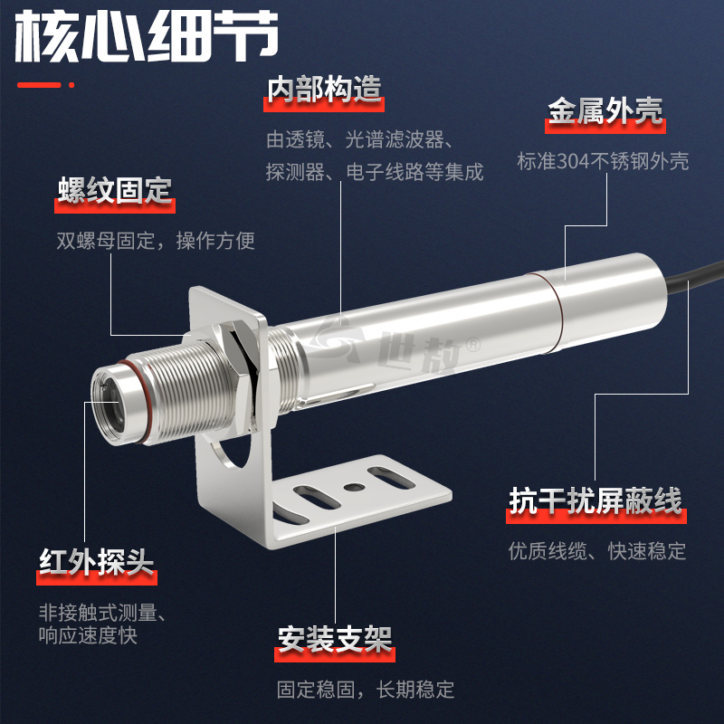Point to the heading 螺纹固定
point(115,190)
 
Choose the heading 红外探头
point(97,562)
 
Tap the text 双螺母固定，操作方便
point(156,241)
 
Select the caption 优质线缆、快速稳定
point(597,551)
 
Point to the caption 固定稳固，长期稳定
point(366,690)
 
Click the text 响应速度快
point(88,635)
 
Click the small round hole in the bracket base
point(354,487)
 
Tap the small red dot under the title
point(71,85)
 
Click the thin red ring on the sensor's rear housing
point(552,313)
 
